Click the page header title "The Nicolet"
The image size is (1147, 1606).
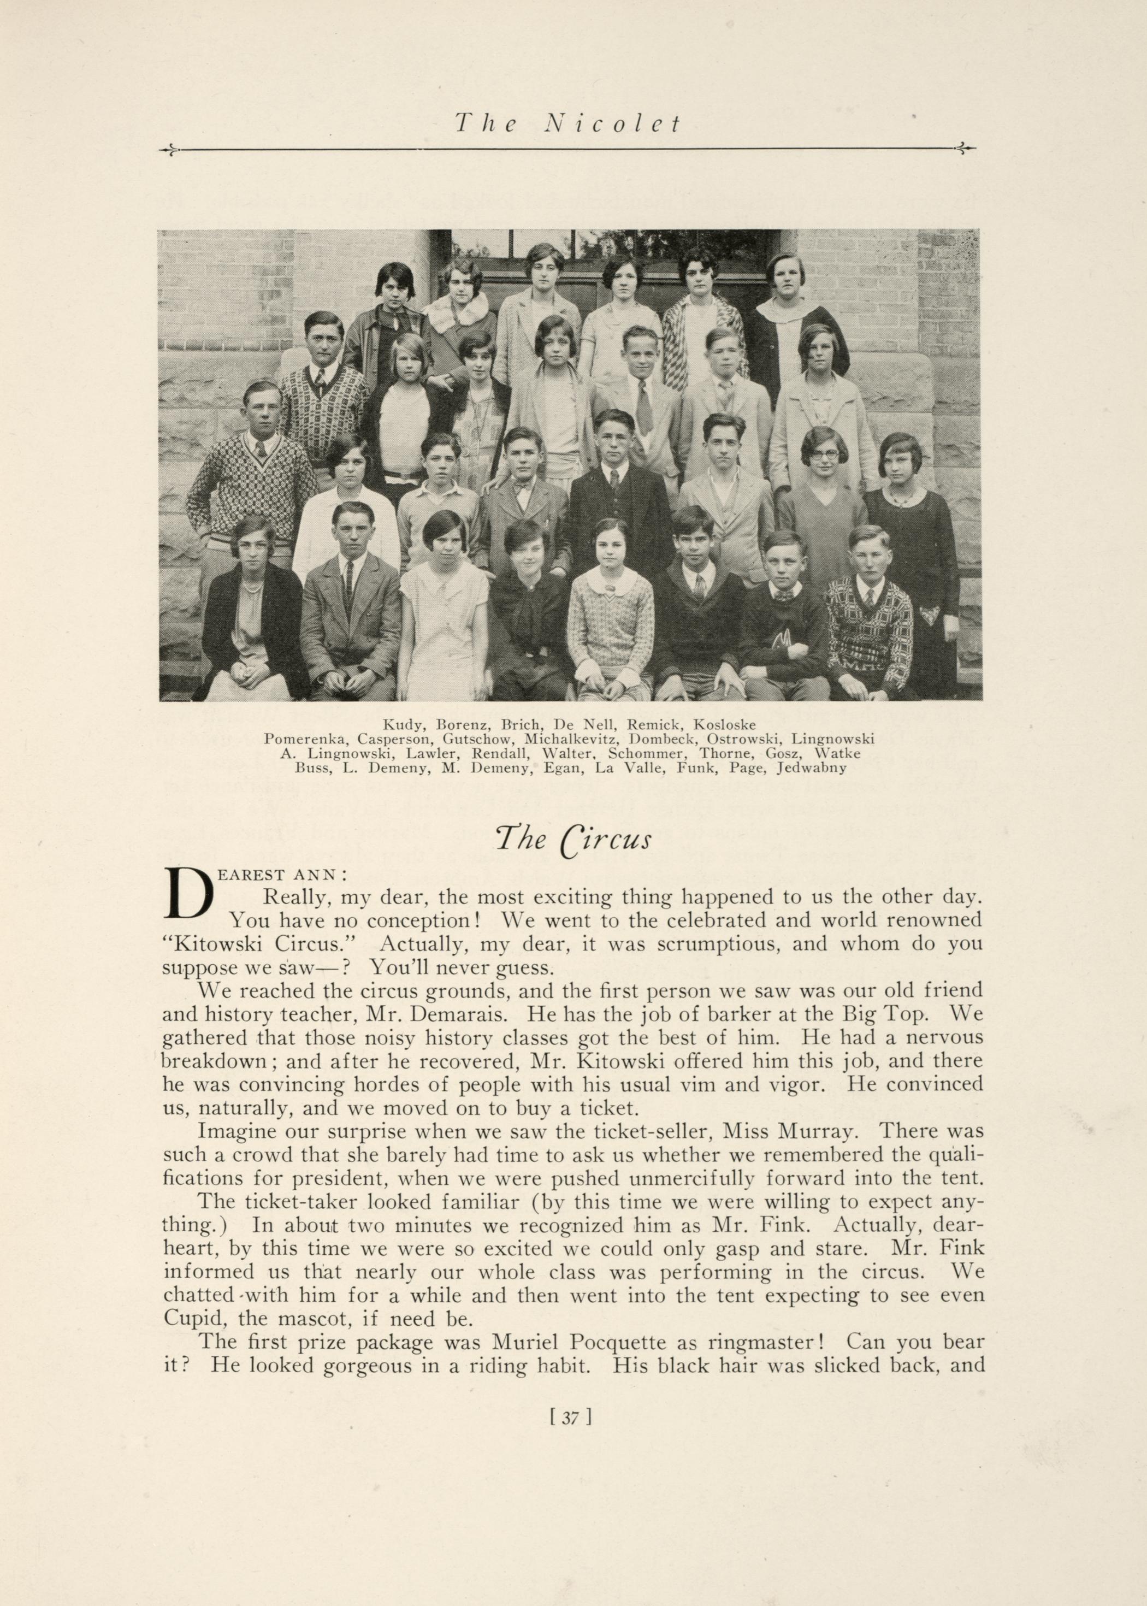pyautogui.click(x=566, y=125)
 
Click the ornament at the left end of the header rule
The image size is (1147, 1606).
pyautogui.click(x=169, y=149)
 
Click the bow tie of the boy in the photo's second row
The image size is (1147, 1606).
pyautogui.click(x=522, y=488)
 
